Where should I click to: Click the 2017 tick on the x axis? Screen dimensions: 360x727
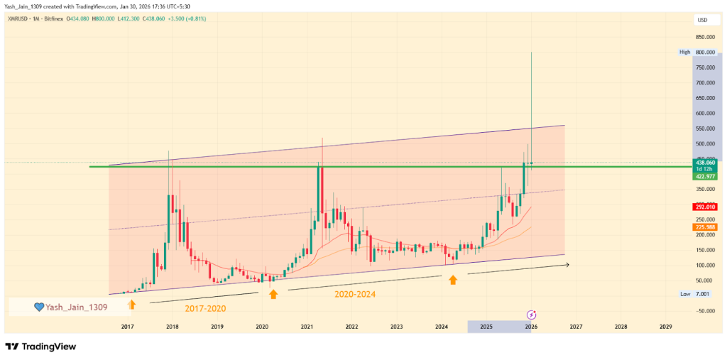(128, 326)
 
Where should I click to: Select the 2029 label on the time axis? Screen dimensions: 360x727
(666, 326)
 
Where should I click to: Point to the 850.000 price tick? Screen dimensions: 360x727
(705, 37)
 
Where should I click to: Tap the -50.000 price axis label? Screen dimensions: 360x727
(705, 310)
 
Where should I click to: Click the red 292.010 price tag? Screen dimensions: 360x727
(705, 207)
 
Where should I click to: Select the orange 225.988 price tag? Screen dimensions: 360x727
(705, 227)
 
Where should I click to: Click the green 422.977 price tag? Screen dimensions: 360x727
(705, 176)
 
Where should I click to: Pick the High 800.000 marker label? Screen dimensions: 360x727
(704, 53)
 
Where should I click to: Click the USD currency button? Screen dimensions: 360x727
(703, 19)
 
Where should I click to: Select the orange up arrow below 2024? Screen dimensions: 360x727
(453, 280)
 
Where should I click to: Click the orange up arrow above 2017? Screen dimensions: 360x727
(131, 304)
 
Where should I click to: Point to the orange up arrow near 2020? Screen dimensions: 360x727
(273, 293)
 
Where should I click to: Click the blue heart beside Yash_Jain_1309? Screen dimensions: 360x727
(40, 307)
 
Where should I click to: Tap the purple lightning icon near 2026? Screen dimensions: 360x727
(531, 314)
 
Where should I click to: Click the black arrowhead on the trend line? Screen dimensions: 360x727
(567, 265)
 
